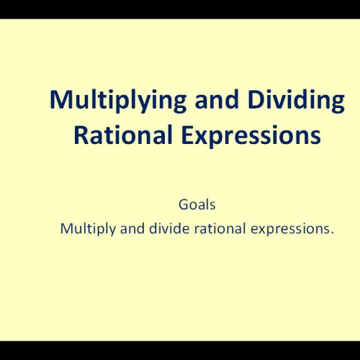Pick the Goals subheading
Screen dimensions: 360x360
pos(197,205)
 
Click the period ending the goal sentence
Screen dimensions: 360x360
pos(333,233)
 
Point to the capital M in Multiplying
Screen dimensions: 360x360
pos(60,101)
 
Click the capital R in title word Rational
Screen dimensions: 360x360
pos(80,135)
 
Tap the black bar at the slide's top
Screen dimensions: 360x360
pos(180,9)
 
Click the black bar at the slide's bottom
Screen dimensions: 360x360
pos(180,351)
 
